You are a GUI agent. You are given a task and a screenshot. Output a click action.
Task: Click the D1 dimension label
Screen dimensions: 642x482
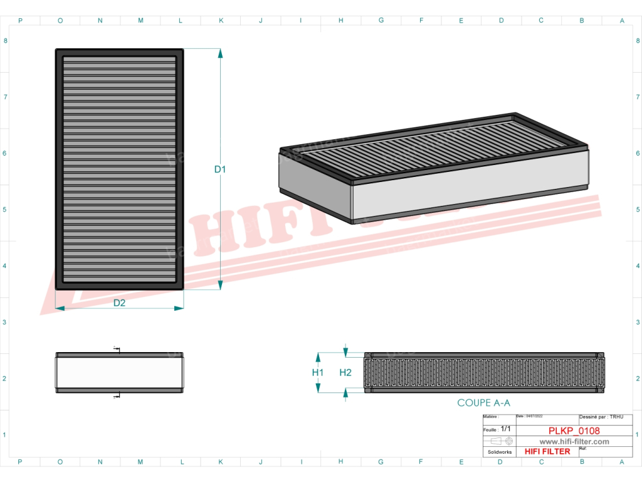(219, 169)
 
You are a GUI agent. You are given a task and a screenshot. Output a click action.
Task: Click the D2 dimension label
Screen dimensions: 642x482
(119, 303)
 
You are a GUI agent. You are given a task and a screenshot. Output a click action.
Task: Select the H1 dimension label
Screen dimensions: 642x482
(318, 372)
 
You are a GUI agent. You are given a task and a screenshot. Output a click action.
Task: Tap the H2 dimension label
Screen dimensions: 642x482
(345, 372)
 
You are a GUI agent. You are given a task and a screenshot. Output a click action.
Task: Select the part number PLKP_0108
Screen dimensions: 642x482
(574, 431)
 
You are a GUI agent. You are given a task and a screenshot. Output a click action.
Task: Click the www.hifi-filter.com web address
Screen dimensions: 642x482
(574, 442)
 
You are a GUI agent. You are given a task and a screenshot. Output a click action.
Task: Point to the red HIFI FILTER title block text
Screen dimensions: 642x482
(547, 451)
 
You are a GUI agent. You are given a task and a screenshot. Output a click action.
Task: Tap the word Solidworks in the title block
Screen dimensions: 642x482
(500, 452)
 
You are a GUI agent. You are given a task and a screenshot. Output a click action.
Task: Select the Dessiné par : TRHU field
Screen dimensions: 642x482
(601, 416)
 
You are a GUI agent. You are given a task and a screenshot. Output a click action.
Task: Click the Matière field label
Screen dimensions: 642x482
(492, 416)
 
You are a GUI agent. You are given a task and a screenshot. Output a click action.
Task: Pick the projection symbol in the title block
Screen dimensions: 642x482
(500, 441)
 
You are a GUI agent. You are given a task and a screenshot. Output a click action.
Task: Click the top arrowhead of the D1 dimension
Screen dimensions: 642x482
(220, 53)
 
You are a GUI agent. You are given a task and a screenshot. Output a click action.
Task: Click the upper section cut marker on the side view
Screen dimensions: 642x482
(117, 349)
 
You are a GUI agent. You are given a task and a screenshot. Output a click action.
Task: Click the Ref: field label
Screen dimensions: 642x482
(583, 449)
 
